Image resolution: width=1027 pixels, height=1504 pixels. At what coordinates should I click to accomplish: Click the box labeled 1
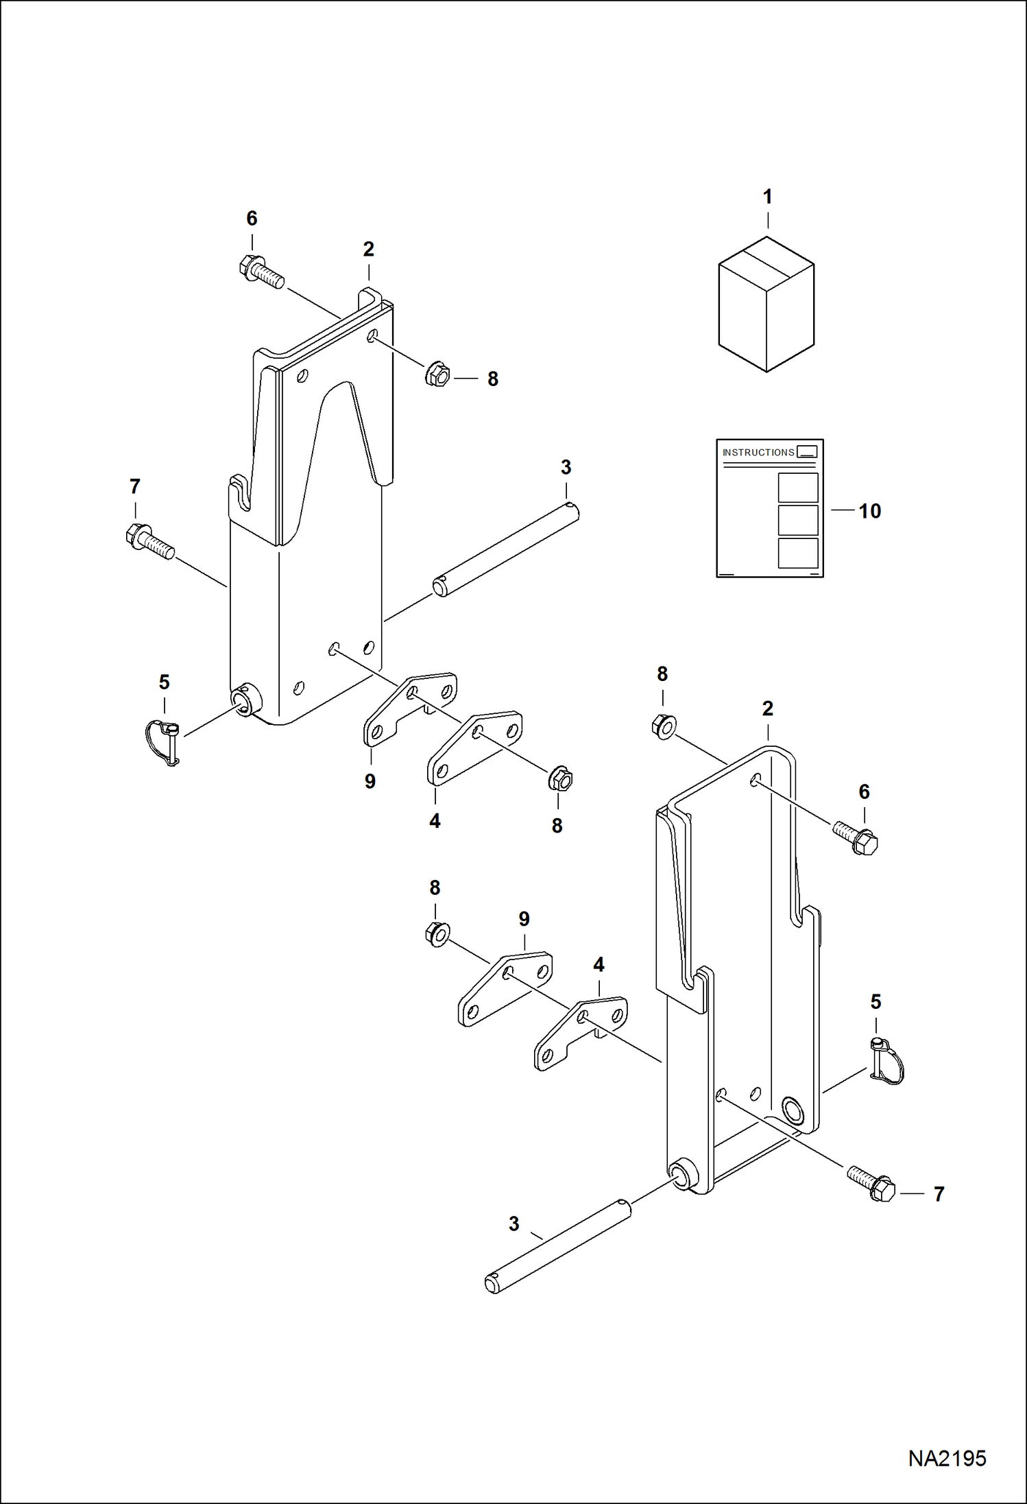tap(766, 305)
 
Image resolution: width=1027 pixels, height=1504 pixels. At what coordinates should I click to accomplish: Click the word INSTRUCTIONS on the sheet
tap(758, 453)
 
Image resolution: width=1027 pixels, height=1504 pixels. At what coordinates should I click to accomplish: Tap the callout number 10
tap(869, 511)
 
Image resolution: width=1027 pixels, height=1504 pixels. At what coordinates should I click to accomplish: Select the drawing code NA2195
tap(947, 1458)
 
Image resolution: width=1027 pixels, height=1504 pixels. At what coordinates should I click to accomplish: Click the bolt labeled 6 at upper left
tap(261, 272)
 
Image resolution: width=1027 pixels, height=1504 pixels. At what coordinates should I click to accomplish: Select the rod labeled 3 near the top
tap(506, 549)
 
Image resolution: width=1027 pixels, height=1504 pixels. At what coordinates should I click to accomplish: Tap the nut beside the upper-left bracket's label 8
tap(437, 374)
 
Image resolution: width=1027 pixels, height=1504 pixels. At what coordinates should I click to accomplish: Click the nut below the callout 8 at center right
tap(664, 726)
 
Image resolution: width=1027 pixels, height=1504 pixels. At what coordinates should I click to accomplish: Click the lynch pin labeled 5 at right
tap(887, 1061)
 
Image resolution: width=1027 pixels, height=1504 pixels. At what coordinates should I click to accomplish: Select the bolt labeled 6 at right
tap(856, 837)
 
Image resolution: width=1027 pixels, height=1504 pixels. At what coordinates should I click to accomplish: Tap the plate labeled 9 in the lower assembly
tap(505, 988)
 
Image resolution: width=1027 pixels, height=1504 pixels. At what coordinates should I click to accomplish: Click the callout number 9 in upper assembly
tap(370, 781)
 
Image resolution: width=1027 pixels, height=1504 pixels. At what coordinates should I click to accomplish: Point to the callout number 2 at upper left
tap(369, 250)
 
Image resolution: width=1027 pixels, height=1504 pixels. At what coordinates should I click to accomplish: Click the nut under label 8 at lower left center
tap(437, 934)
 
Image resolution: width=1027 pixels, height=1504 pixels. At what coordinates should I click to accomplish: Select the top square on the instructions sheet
tap(798, 488)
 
